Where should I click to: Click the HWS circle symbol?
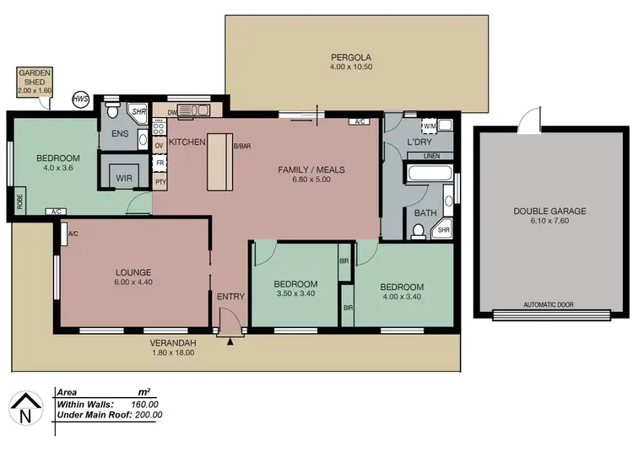(81, 99)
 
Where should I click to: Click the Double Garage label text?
(549, 211)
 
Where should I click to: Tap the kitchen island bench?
(219, 161)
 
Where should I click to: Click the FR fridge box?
(160, 163)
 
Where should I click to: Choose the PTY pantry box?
(160, 181)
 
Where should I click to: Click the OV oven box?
(159, 146)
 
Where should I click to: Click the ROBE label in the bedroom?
(18, 202)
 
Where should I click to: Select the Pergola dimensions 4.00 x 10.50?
(356, 67)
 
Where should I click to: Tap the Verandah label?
(173, 342)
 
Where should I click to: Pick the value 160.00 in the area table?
(148, 404)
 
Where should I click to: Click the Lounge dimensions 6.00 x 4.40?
(133, 283)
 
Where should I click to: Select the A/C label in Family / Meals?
(360, 122)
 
